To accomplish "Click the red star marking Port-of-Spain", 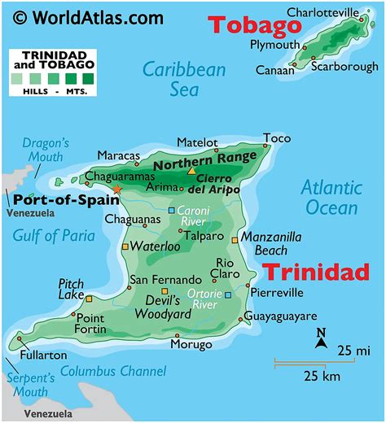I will click(116, 189).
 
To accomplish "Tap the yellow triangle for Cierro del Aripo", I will click(191, 171).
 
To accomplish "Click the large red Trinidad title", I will click(317, 272).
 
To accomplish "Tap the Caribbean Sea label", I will click(184, 79).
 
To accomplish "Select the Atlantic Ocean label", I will click(331, 197).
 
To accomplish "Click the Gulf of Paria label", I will click(54, 235).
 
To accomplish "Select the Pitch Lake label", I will click(71, 290).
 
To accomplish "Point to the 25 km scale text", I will click(322, 375).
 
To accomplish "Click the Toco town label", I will click(277, 138).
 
